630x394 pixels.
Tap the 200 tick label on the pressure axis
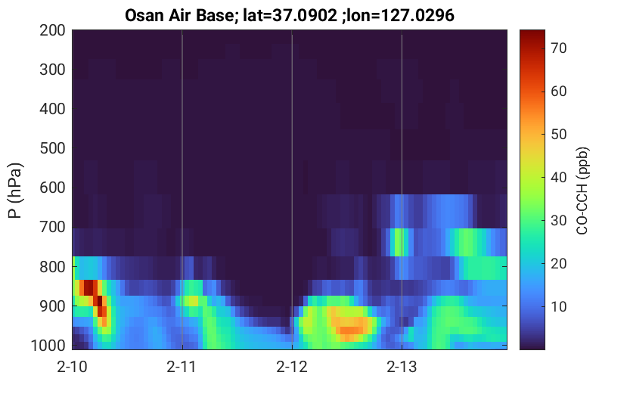coord(52,30)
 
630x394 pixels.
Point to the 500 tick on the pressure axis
coord(52,148)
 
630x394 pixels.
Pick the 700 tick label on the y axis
coord(52,227)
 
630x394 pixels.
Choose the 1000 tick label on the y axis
coord(48,346)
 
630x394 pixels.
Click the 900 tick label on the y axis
coord(52,306)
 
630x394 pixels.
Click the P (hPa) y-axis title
coord(15,190)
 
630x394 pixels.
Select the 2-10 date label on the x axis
coord(73,367)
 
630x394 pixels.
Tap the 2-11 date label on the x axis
coord(182,367)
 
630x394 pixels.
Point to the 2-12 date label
coord(292,367)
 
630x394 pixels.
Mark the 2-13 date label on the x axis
coord(402,367)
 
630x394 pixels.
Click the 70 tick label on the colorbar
coord(558,48)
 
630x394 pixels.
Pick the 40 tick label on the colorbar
coord(558,177)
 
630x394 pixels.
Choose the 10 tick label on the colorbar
coord(558,306)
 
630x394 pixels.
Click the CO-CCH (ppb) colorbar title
coord(582,191)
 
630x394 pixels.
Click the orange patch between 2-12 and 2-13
coord(351,326)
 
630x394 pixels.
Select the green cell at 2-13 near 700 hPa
coord(399,242)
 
